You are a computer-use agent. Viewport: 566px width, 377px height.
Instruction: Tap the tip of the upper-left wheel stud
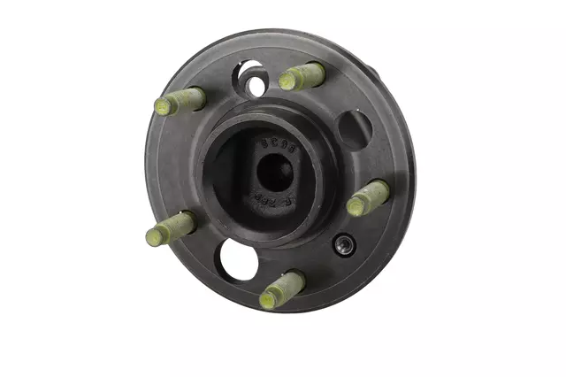click(164, 107)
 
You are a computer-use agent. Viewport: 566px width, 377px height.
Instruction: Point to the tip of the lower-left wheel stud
click(155, 235)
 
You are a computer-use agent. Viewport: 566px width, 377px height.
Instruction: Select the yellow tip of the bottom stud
click(268, 300)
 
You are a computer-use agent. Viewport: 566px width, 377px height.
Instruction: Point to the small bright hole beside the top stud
click(256, 86)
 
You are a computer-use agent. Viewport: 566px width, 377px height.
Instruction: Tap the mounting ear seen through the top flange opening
click(250, 69)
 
